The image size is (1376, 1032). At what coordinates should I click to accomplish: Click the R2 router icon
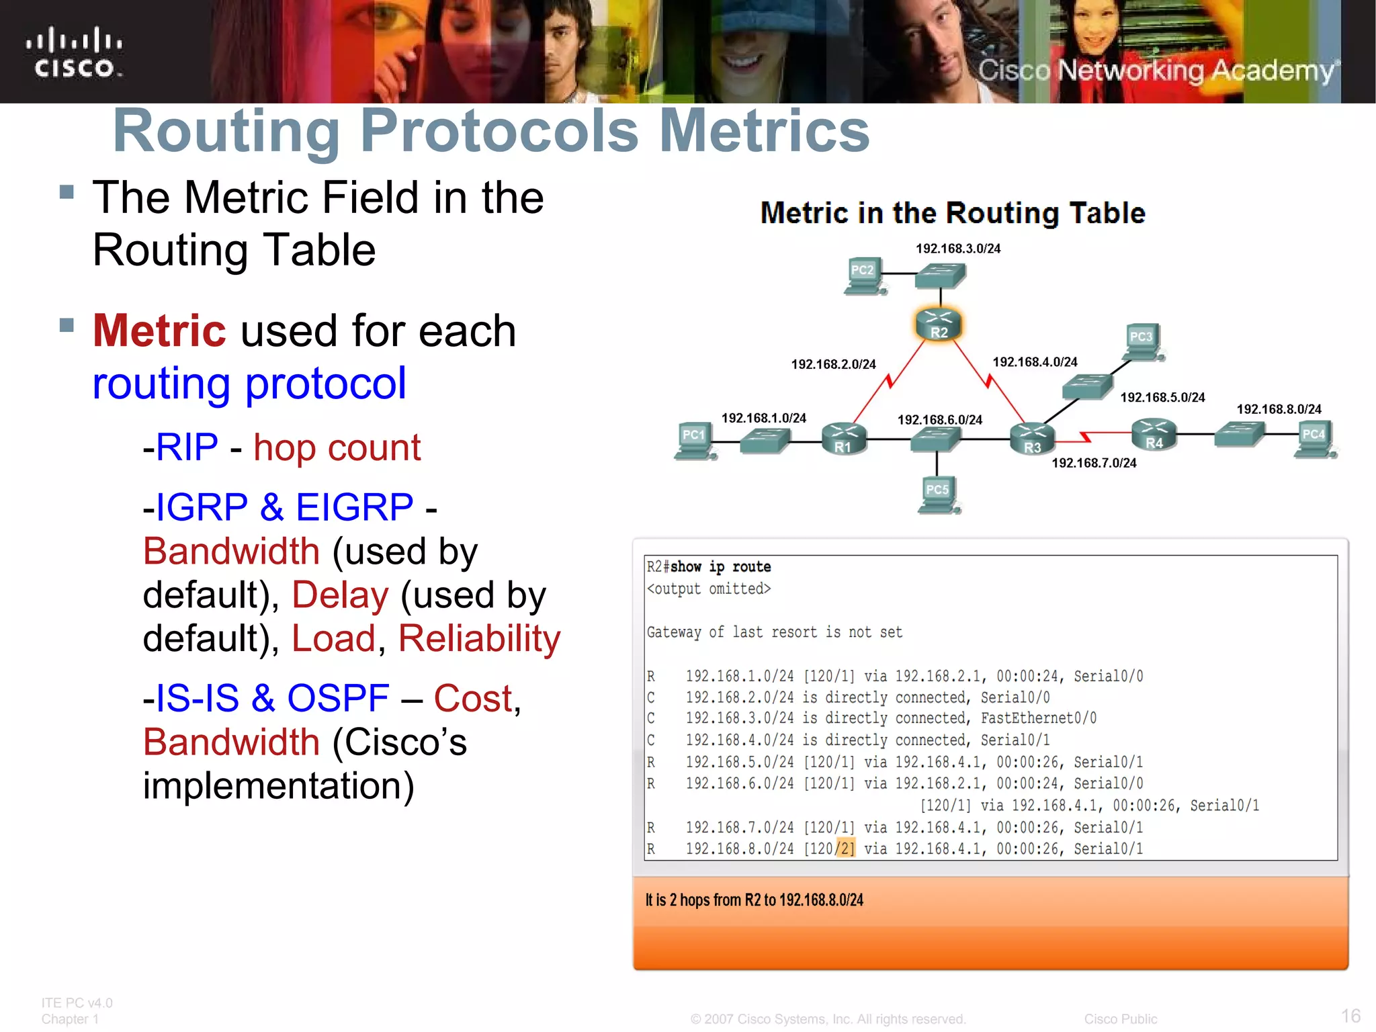click(939, 325)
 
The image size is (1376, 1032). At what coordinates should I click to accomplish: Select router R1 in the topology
click(844, 439)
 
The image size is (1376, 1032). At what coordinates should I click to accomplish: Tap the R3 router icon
click(1032, 439)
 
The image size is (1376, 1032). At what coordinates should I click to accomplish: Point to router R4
click(1154, 434)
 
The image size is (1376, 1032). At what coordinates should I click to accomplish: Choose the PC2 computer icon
click(863, 275)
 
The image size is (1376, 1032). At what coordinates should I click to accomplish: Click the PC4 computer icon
click(1314, 439)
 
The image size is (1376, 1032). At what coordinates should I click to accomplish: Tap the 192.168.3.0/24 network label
click(958, 249)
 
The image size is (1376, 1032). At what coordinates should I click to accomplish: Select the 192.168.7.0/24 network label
click(1094, 463)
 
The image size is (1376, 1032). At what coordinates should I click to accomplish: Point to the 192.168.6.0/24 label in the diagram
click(939, 420)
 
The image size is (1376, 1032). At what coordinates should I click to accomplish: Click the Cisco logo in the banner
click(75, 53)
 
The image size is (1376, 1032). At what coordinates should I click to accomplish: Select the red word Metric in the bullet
click(159, 331)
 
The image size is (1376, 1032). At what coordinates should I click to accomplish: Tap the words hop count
click(337, 447)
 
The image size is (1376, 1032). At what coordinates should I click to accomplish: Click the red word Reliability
click(479, 638)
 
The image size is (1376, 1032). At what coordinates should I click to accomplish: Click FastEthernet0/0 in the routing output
click(1038, 718)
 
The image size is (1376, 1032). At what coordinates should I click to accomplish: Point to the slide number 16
click(1350, 1015)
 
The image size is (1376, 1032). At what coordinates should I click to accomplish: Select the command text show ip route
click(720, 567)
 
